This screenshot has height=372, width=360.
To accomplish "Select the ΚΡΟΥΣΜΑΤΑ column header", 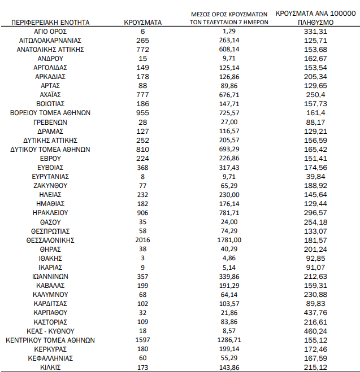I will tap(142, 22).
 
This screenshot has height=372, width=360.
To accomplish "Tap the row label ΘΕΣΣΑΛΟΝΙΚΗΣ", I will tap(50, 240).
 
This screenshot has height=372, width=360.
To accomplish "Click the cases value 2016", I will tap(142, 240).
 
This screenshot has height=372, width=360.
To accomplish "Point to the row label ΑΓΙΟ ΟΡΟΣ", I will tap(50, 31).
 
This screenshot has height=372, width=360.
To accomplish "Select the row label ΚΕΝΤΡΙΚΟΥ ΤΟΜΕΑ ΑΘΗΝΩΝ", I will tap(50, 340).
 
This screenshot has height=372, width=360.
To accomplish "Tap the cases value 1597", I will tap(142, 340).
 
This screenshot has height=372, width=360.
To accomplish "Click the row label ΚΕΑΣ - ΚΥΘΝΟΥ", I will tap(50, 331).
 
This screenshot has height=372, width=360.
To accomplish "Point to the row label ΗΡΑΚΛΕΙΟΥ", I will tap(50, 213).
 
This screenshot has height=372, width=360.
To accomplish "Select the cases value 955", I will tap(142, 113).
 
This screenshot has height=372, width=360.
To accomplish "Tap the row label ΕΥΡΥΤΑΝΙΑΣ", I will tap(50, 176).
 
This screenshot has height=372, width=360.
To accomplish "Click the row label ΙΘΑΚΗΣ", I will tap(50, 258).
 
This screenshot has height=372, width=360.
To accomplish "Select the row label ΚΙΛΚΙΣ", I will tap(50, 367).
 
